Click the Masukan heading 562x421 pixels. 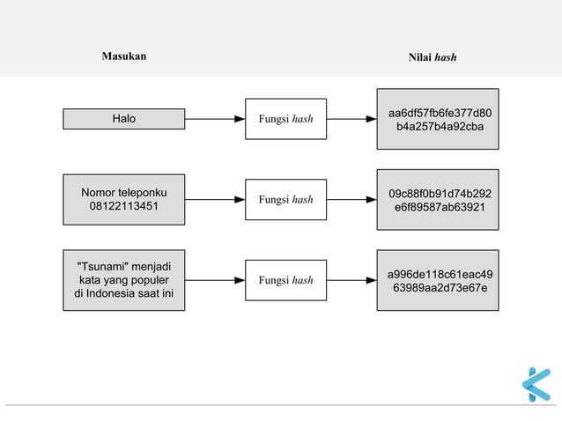(124, 56)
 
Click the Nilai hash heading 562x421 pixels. (433, 57)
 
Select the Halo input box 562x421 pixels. (124, 119)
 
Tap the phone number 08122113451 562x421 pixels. (124, 207)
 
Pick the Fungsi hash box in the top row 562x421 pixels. (285, 119)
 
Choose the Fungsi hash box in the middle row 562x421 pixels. (285, 200)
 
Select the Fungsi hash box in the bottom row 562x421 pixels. (285, 281)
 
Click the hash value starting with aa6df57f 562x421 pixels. (438, 120)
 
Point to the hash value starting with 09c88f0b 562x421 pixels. (438, 200)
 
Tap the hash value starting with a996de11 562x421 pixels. (438, 281)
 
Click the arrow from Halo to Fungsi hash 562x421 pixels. (215, 119)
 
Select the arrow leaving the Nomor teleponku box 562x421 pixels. (215, 200)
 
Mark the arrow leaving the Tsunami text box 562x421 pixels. (215, 281)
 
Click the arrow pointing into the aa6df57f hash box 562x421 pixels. (351, 119)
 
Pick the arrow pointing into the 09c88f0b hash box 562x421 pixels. (351, 200)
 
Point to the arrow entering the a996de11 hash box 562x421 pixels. (351, 281)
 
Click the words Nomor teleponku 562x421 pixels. (124, 192)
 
